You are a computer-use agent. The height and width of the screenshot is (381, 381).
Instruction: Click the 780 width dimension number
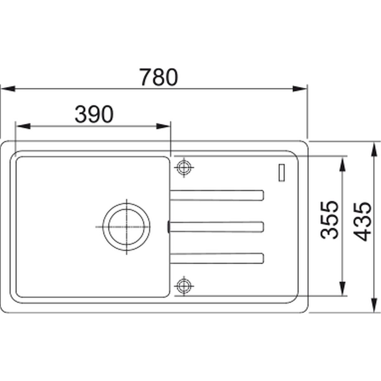pos(158,77)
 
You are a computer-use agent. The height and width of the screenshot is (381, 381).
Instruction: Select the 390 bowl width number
pos(94,114)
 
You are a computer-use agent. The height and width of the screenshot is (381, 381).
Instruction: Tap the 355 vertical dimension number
pos(329,220)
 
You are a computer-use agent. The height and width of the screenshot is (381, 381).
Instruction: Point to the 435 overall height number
pos(362,221)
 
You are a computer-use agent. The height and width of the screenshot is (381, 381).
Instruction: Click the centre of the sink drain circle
pos(126,227)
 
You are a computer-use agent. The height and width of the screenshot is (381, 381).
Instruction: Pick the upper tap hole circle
pos(184,167)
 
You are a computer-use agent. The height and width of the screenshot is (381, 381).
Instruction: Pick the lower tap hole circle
pos(184,286)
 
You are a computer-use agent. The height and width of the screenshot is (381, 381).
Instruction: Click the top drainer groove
pos(217,195)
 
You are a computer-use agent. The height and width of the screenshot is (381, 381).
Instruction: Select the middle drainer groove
pos(217,227)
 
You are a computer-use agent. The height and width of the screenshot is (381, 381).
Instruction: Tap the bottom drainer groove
pos(217,258)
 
